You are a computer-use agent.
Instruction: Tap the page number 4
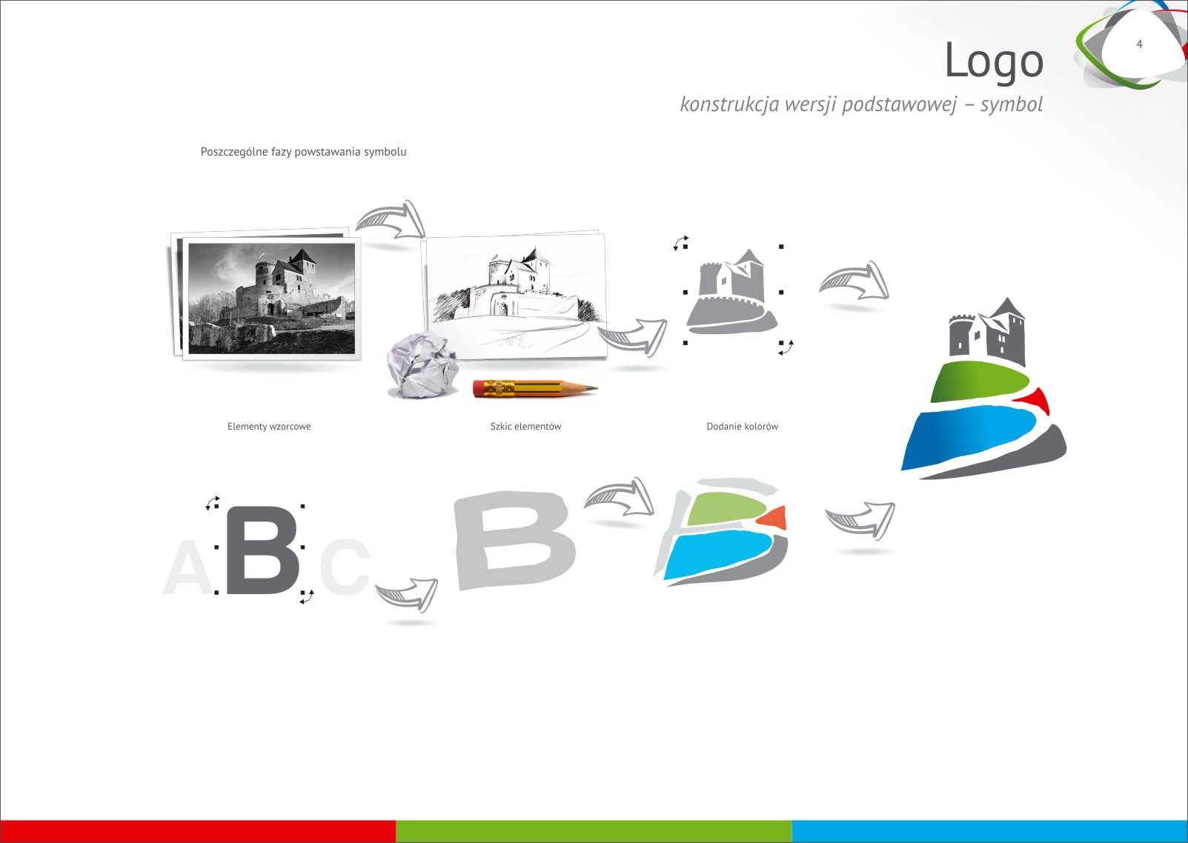1139,44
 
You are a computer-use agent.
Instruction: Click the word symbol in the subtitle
1011,105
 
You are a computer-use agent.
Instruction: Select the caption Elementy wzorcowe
269,426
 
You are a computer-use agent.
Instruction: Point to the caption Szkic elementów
525,426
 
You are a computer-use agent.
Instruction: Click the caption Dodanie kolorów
742,426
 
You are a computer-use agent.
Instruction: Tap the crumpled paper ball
422,364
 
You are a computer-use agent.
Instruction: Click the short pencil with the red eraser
534,388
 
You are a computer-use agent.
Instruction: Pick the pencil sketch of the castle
516,296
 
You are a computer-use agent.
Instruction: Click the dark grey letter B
262,550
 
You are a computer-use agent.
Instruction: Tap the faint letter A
188,568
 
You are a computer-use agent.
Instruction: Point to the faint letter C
344,567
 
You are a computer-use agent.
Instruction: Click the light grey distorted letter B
514,539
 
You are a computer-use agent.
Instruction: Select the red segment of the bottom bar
198,831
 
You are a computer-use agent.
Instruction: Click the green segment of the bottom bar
594,831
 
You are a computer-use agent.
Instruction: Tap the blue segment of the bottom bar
989,831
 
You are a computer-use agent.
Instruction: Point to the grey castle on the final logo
987,332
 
